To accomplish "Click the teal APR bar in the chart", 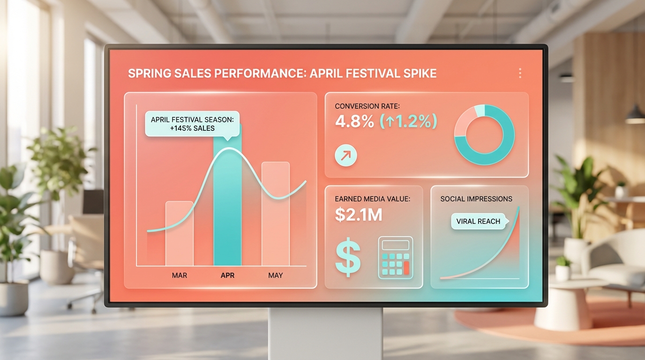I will coord(227,206).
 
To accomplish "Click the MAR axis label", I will coord(180,275).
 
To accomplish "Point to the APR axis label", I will coord(228,275).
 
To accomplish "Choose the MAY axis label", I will coord(276,275).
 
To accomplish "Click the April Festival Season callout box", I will coord(192,124).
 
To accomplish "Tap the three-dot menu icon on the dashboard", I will coord(520,73).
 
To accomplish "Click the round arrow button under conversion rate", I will coord(346,156).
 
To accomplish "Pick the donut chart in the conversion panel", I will coord(484,135).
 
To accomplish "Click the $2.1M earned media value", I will coord(359,215).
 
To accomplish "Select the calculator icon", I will coord(395,258).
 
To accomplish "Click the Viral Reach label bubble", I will coord(478,221).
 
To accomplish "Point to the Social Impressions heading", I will coord(476,199).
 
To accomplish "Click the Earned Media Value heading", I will coord(373,199).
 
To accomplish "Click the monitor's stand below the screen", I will coord(325,333).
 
